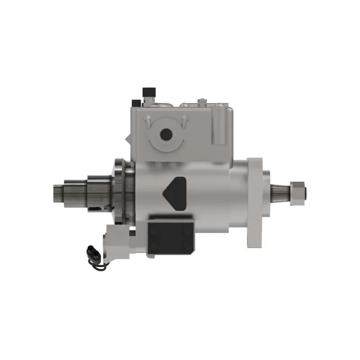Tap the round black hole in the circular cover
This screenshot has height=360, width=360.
click(x=166, y=134)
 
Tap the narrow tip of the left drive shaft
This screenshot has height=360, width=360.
click(x=58, y=193)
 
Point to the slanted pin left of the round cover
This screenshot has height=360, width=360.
click(x=148, y=121)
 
